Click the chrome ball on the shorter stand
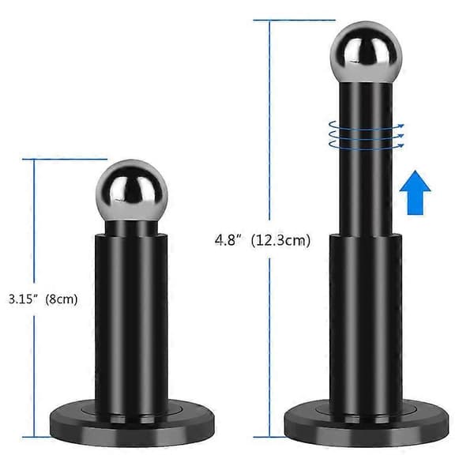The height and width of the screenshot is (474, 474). pyautogui.click(x=131, y=190)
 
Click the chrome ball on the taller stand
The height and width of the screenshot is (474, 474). pyautogui.click(x=366, y=52)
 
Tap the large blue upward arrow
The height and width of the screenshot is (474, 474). pyautogui.click(x=415, y=193)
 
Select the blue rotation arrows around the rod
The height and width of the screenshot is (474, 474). pyautogui.click(x=366, y=135)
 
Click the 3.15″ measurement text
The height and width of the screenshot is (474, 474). pyautogui.click(x=23, y=299)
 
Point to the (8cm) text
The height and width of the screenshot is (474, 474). pyautogui.click(x=62, y=299)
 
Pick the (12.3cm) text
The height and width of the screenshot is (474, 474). pyautogui.click(x=280, y=241)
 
